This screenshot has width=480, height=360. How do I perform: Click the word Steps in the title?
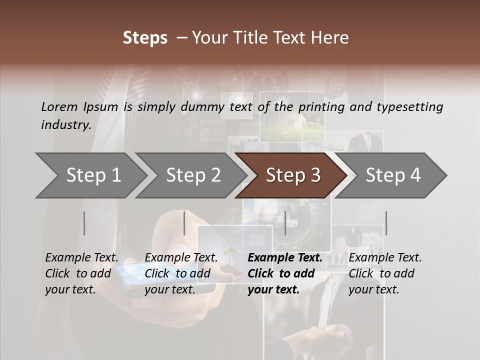pos(145,38)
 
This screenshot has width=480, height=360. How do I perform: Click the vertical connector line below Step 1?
pos(84,223)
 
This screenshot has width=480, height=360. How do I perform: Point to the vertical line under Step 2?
pos(184,223)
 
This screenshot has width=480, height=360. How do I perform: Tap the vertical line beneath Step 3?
pos(285,223)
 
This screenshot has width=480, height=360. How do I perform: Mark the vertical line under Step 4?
pos(386,223)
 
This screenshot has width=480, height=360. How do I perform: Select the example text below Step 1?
pos(81,273)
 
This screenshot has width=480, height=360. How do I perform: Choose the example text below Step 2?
pos(181,273)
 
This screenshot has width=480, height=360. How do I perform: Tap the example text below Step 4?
pos(385,273)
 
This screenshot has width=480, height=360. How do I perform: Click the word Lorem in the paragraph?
pos(59,106)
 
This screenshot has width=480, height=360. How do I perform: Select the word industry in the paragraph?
pos(65,124)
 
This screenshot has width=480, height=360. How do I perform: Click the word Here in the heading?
pos(331,38)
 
